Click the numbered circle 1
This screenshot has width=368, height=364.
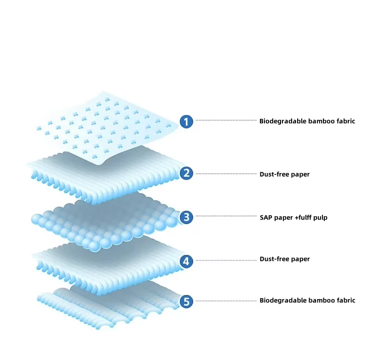pyautogui.click(x=186, y=121)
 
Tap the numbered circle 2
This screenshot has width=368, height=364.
pyautogui.click(x=186, y=173)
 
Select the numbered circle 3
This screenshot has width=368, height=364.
pyautogui.click(x=186, y=217)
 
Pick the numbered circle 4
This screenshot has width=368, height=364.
pyautogui.click(x=186, y=261)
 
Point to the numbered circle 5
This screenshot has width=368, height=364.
pyautogui.click(x=186, y=302)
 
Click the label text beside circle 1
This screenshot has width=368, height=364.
pyautogui.click(x=307, y=121)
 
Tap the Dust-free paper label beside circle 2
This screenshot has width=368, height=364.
pyautogui.click(x=284, y=174)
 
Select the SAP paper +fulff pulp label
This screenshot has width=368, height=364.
pyautogui.click(x=293, y=217)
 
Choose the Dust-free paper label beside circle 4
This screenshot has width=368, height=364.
pyautogui.click(x=284, y=259)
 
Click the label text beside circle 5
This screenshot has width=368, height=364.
pyautogui.click(x=307, y=300)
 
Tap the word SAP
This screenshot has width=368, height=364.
pyautogui.click(x=266, y=217)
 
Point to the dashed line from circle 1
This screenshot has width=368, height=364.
pyautogui.click(x=225, y=121)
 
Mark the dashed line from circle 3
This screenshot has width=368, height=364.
pyautogui.click(x=225, y=216)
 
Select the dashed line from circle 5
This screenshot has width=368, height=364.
pyautogui.click(x=225, y=301)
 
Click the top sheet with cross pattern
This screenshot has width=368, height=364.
pyautogui.click(x=106, y=124)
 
